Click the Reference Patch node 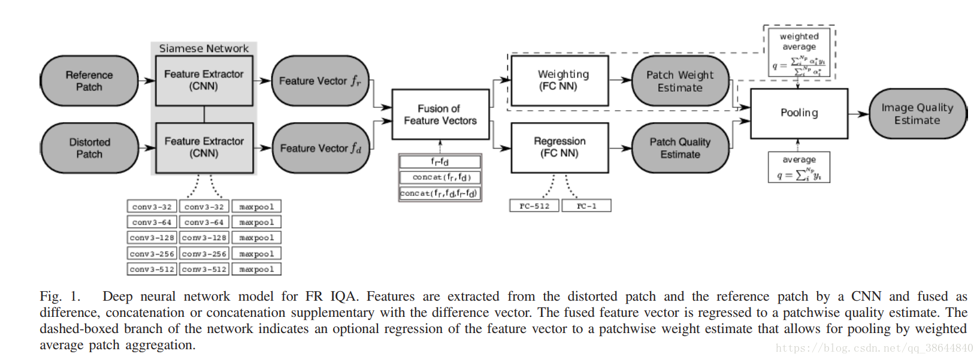pos(89,81)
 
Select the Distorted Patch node pos(89,148)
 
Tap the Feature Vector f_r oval pos(320,81)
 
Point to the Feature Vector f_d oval pos(320,148)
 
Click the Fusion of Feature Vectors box pos(440,114)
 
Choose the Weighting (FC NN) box pos(559,80)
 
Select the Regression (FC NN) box pos(559,147)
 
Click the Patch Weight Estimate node pos(680,81)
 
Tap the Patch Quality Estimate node pos(680,148)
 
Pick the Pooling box pos(799,113)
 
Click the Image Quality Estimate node pos(917,114)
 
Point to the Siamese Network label pos(204,49)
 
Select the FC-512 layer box pos(534,206)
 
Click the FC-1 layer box pos(586,206)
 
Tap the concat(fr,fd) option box pos(440,177)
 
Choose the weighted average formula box pos(799,52)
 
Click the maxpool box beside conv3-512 pos(256,270)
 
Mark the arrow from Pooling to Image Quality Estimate pos(858,114)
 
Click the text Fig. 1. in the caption pos(59,297)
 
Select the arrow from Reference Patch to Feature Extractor pos(147,81)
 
